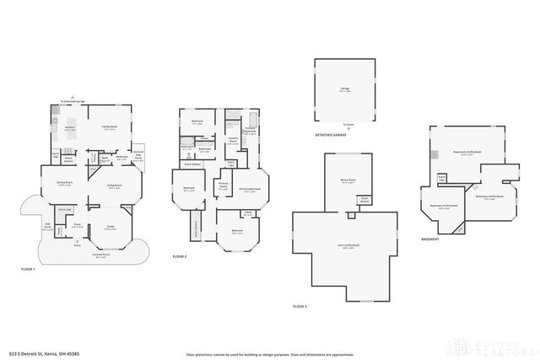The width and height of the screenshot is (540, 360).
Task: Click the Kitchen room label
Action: (70, 128)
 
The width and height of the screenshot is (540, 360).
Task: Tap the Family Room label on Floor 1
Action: (110, 127)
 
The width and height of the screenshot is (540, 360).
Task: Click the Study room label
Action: (110, 226)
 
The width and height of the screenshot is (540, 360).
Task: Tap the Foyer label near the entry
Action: (77, 225)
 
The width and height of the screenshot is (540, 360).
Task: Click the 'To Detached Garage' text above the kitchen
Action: (74, 100)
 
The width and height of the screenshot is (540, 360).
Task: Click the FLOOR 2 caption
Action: (180, 256)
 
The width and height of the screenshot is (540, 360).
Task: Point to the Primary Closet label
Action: (224, 186)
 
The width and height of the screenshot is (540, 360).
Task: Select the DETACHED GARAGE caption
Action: (331, 135)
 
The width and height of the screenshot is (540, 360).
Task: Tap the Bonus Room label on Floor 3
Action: (348, 180)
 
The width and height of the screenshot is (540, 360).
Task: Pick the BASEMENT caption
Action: (430, 239)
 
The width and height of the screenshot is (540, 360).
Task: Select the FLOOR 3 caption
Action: (300, 306)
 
